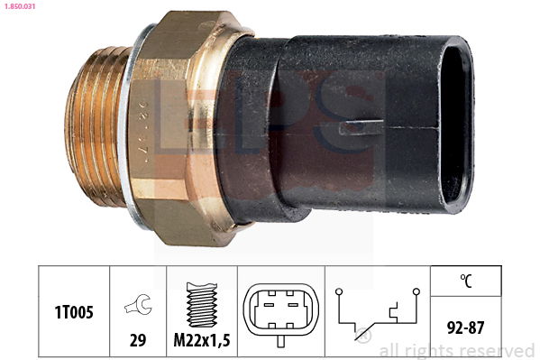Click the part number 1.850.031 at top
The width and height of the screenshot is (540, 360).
point(20,6)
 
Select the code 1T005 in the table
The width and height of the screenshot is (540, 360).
point(74,312)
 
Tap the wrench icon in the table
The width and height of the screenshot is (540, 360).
point(138,304)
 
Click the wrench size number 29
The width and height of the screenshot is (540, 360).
point(138,340)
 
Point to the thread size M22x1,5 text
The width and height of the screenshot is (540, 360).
point(202,340)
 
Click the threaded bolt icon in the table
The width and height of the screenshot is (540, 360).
point(202,305)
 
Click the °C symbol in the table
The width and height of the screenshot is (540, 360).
point(466,281)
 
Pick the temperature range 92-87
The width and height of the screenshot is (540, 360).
point(465,328)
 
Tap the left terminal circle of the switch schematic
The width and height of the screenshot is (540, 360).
point(339,291)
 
